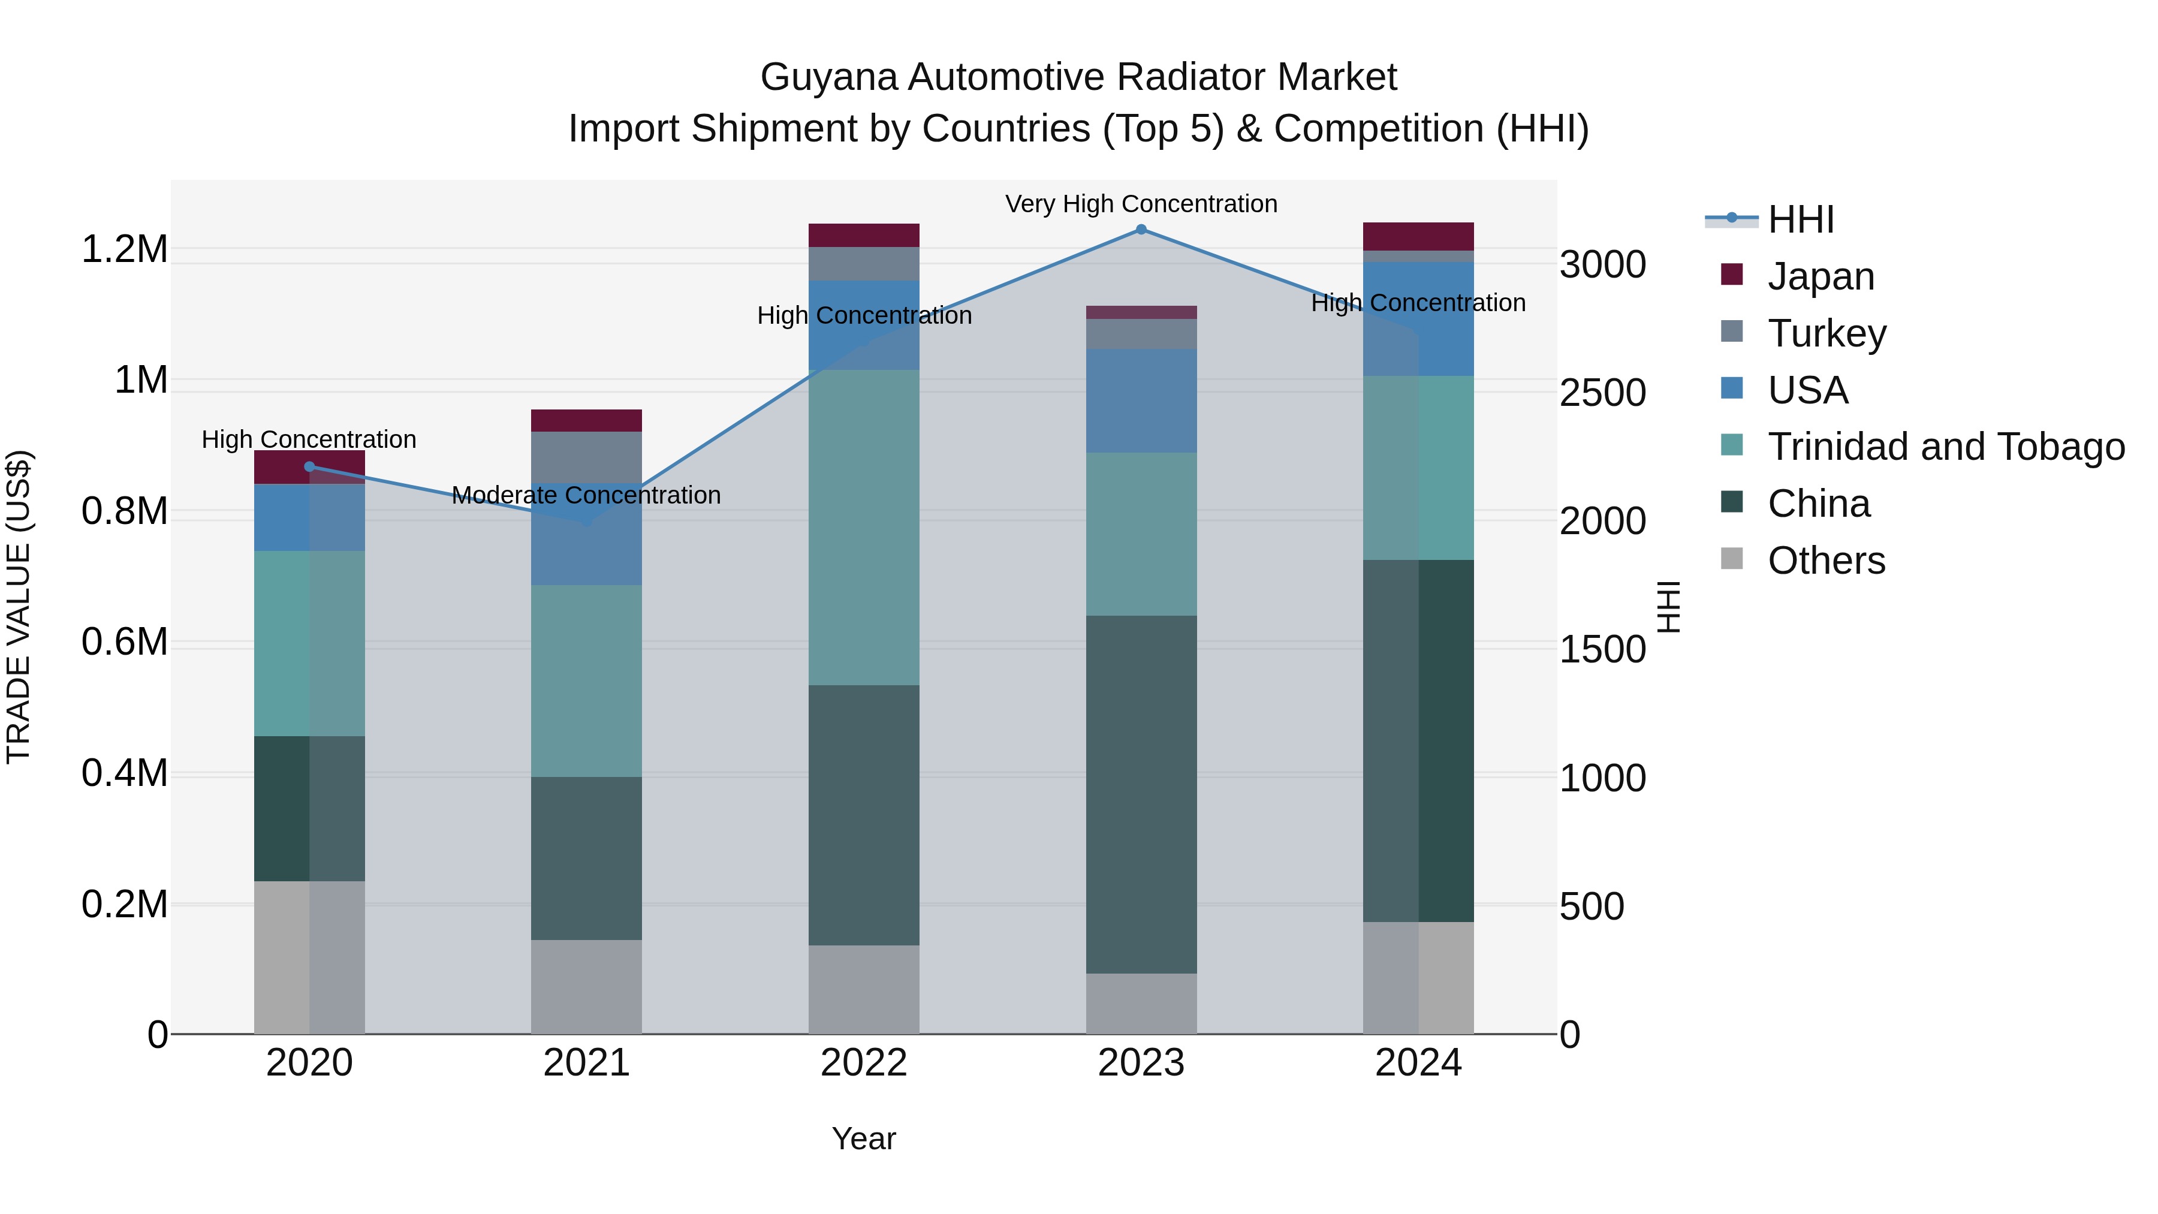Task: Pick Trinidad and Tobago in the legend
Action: click(x=1945, y=447)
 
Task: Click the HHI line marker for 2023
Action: click(x=1141, y=230)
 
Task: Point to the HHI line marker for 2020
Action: click(x=309, y=466)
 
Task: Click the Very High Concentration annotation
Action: click(x=1141, y=204)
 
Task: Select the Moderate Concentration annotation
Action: click(x=586, y=495)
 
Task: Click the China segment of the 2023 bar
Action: click(x=1141, y=794)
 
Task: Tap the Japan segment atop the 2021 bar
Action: click(x=586, y=421)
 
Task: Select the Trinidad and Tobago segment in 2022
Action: click(x=864, y=528)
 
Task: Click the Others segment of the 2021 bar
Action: click(x=586, y=986)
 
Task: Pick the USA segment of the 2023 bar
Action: click(x=1141, y=400)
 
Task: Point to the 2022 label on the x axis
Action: click(x=864, y=1063)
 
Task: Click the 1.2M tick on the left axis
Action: click(x=124, y=249)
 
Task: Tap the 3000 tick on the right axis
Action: click(x=1602, y=265)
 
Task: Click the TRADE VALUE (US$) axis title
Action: click(x=19, y=607)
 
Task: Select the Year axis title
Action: click(x=864, y=1138)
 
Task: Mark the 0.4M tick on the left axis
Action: click(x=124, y=773)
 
